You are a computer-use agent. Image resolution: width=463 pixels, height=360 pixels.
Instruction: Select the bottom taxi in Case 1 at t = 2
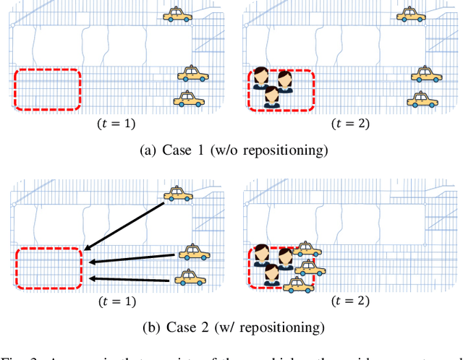pos(420,98)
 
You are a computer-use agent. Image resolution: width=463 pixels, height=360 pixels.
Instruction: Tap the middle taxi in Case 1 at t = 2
pos(425,74)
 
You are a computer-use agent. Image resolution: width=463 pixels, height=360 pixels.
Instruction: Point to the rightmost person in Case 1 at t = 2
pos(285,81)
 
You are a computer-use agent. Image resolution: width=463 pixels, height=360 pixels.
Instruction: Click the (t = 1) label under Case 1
pos(116,124)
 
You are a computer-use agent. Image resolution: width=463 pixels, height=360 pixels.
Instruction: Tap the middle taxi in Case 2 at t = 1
pos(193,252)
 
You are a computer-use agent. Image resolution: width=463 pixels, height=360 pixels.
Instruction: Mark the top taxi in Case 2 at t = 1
pos(178,193)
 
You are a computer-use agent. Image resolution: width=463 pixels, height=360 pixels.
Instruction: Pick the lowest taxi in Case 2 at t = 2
pos(297,284)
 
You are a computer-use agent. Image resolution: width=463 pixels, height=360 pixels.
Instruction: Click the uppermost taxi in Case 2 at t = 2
pos(308,249)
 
